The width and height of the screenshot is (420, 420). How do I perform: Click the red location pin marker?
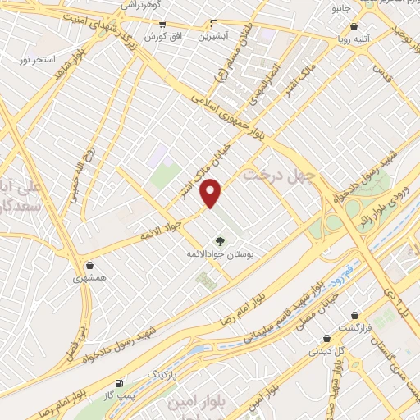[x=212, y=193]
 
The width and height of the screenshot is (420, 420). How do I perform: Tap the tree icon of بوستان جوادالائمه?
[x=219, y=241]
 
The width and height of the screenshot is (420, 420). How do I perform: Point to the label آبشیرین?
[x=212, y=36]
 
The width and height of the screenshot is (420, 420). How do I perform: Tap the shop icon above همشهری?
[x=89, y=265]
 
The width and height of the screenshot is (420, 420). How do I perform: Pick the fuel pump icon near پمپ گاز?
[x=119, y=382]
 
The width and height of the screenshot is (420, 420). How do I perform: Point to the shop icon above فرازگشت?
[x=354, y=314]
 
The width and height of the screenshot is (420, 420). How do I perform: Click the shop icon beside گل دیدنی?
[x=326, y=337]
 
